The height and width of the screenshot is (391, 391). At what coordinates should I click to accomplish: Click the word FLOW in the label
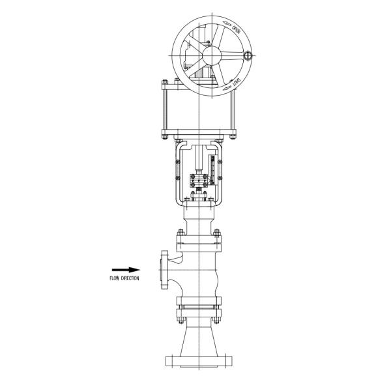[115, 278]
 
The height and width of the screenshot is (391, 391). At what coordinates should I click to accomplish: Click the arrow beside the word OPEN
[225, 23]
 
